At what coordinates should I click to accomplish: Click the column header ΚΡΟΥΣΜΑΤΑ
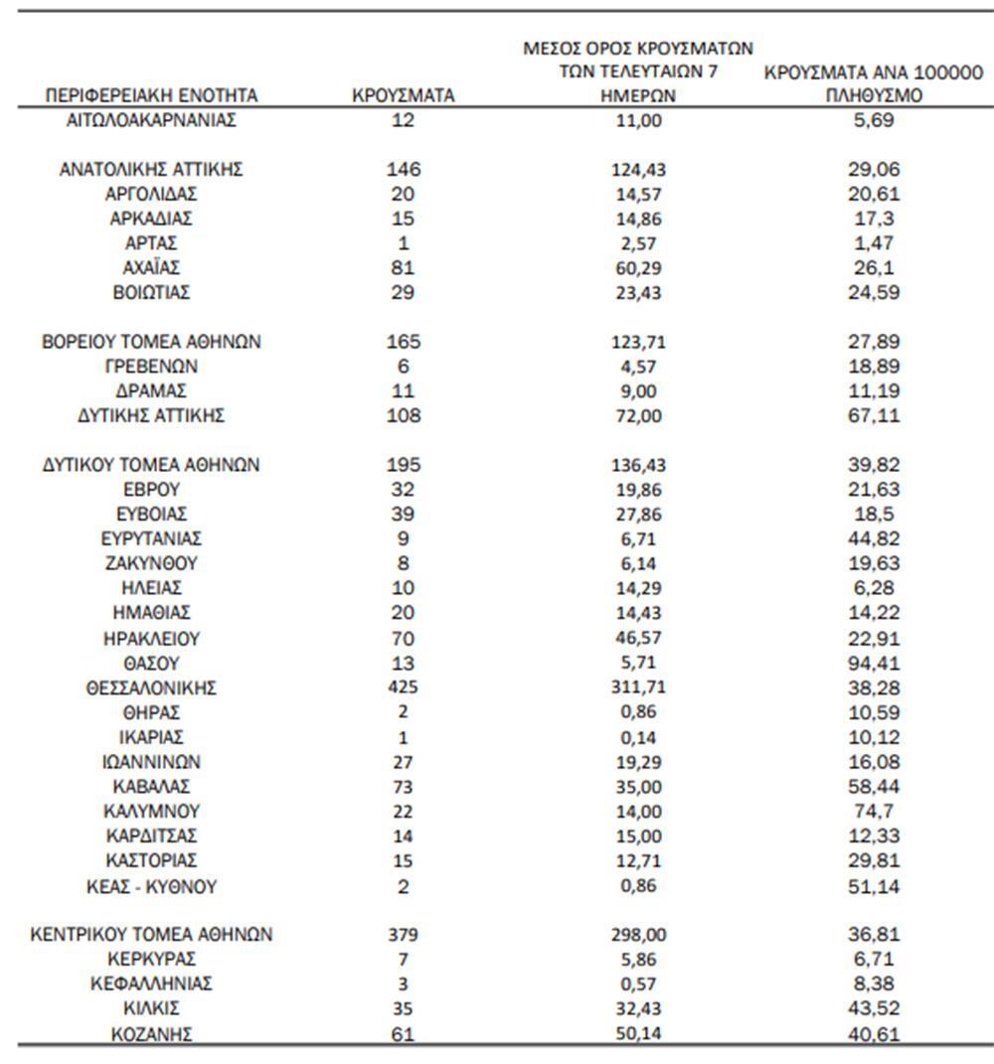coord(403,96)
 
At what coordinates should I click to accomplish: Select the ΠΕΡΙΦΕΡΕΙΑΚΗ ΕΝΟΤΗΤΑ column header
coord(152,96)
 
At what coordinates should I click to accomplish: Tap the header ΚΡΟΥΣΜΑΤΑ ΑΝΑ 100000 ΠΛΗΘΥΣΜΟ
coord(874,84)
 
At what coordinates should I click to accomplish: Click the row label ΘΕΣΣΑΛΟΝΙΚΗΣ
coord(152,687)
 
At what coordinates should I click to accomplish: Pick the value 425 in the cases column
coord(403,687)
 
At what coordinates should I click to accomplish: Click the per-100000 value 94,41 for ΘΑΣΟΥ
coord(874,663)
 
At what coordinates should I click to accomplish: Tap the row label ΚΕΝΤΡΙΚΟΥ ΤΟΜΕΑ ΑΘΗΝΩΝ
coord(152,935)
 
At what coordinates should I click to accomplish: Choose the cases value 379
coord(403,935)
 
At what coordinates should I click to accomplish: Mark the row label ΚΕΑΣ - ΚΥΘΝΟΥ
coord(152,886)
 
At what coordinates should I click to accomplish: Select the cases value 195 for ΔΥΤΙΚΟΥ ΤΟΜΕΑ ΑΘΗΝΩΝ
coord(403,465)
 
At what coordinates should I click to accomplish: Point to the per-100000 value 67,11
coord(874,416)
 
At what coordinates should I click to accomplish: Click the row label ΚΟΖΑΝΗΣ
coord(152,1034)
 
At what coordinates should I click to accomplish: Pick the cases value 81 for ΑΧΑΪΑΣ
coord(403,268)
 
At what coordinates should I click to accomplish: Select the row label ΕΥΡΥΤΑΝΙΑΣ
coord(152,538)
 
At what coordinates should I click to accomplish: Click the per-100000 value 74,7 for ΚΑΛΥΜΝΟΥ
coord(874,812)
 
